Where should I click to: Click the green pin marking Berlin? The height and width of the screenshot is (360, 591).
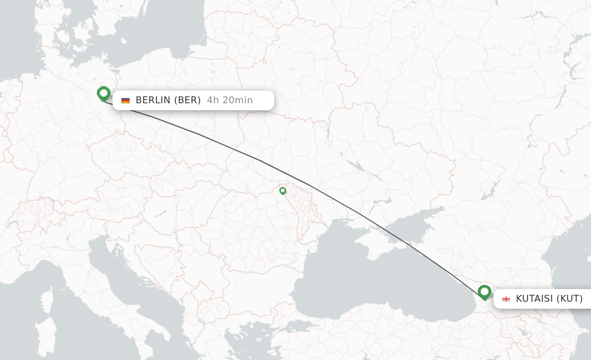point(103,93)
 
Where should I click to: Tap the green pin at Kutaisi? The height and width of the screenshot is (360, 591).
point(484,292)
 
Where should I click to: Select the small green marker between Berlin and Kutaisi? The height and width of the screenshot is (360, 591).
point(282,190)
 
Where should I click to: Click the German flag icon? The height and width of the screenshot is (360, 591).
point(125,100)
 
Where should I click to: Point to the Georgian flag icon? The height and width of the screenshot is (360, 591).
point(506,299)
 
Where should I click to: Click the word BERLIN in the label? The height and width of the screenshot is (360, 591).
point(153,100)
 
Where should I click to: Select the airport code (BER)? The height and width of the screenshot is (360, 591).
point(187,100)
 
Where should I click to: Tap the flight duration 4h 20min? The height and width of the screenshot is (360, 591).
point(230,100)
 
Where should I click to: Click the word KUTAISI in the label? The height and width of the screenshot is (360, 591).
point(534,299)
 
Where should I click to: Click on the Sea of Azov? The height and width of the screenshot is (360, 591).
point(416,222)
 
